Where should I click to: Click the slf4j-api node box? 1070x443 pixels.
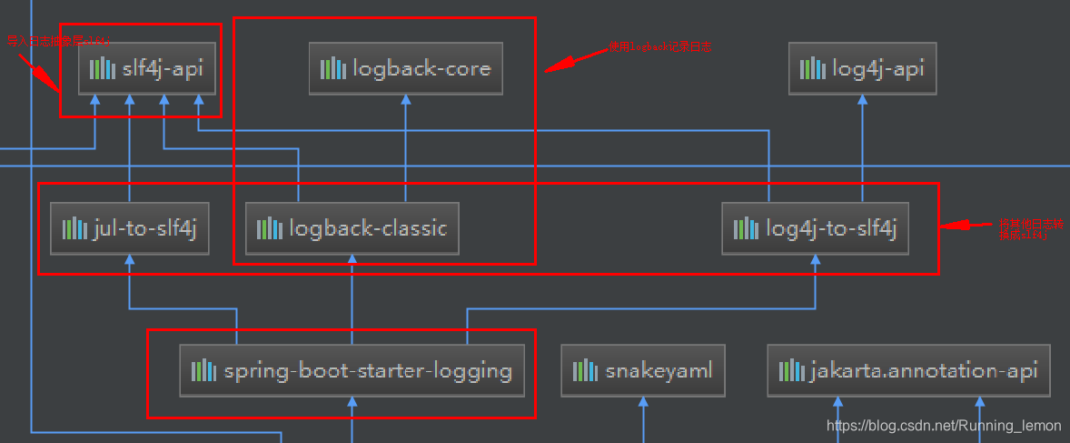(x=146, y=68)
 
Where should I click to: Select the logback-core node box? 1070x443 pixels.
(x=405, y=68)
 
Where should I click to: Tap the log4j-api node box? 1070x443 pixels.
(x=862, y=68)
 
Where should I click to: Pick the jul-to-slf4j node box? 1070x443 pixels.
(x=130, y=228)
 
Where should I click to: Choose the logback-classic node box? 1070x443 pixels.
(x=352, y=228)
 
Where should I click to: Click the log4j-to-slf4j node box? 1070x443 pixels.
(x=815, y=228)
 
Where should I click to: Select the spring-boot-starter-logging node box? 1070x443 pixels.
(x=352, y=371)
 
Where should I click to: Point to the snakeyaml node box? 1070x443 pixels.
(x=642, y=371)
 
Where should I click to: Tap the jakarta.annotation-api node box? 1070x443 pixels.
(x=908, y=371)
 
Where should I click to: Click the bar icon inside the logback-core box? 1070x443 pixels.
(x=333, y=68)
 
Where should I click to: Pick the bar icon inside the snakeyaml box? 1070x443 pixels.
(x=584, y=371)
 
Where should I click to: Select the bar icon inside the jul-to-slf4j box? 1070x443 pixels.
(x=74, y=228)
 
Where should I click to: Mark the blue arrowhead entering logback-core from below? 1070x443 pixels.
(x=406, y=101)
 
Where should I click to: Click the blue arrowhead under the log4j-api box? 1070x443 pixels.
(x=862, y=101)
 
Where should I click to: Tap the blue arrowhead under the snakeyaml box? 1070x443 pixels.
(x=642, y=402)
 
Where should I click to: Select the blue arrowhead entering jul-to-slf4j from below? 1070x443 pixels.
(x=130, y=261)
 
